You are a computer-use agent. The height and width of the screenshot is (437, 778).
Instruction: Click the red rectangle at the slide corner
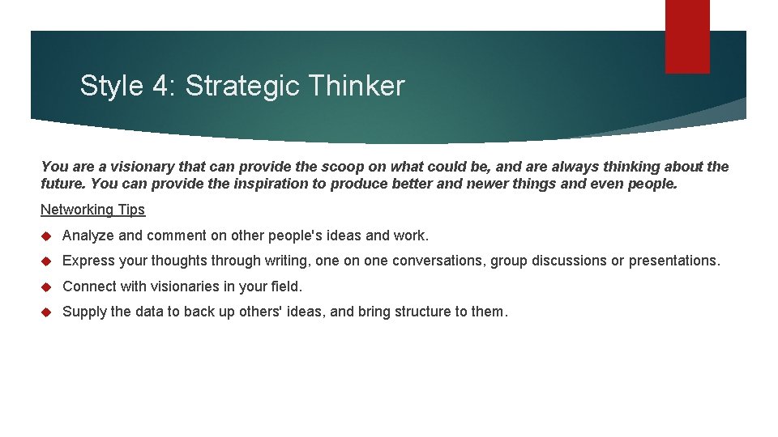(x=687, y=36)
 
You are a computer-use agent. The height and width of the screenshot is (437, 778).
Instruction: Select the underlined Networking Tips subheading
(x=92, y=210)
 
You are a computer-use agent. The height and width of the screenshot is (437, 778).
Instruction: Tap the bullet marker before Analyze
(x=46, y=235)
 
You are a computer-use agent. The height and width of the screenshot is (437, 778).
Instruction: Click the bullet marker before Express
(x=46, y=261)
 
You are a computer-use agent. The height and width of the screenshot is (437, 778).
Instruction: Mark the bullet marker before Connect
(x=46, y=286)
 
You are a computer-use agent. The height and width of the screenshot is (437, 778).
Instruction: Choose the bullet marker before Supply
(x=46, y=312)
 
